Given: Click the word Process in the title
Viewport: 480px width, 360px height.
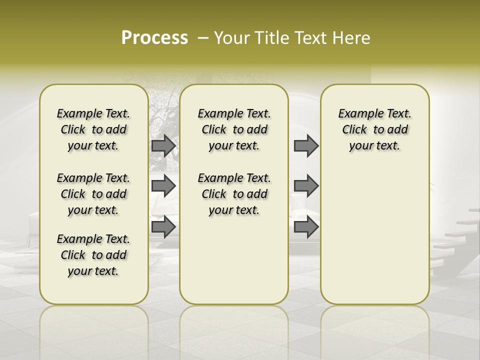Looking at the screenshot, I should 154,38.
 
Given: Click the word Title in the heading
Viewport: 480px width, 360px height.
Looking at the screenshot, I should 269,38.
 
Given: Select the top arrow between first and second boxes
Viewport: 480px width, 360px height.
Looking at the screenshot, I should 163,146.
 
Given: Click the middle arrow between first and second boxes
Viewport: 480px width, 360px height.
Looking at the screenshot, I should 163,186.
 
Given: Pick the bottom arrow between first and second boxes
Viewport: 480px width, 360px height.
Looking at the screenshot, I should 163,227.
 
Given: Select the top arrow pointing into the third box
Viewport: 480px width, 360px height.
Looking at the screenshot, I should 306,146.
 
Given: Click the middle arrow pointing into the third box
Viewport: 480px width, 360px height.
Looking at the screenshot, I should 306,186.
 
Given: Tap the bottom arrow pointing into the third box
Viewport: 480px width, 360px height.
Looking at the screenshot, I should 306,227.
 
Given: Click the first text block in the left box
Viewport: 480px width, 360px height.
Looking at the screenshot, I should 93,129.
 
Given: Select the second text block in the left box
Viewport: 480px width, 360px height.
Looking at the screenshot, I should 93,194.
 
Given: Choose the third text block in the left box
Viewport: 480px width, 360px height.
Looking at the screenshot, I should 93,255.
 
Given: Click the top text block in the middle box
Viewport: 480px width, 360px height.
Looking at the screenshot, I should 234,129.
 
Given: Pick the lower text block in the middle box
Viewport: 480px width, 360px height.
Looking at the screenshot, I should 234,194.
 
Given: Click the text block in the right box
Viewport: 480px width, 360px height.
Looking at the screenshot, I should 374,129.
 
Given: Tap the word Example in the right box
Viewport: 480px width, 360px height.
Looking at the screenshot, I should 356,113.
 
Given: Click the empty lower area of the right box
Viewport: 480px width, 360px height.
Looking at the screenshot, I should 374,235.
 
